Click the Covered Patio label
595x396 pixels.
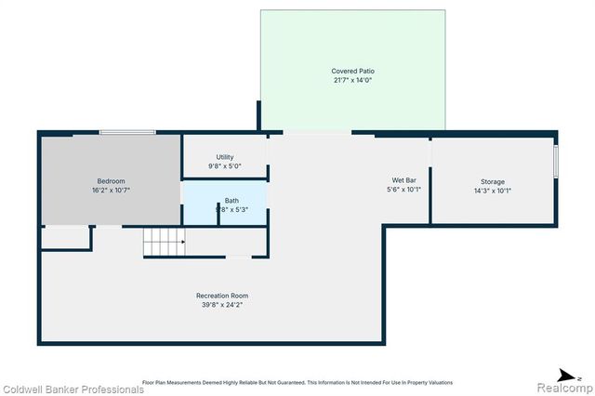point(352,72)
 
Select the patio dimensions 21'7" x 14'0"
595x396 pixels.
point(352,81)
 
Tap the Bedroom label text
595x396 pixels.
point(111,180)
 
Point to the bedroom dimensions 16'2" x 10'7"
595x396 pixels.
point(111,190)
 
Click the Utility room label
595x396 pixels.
point(224,157)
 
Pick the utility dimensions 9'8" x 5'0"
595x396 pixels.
point(224,166)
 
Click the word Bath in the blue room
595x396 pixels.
point(231,201)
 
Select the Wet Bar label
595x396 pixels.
point(403,180)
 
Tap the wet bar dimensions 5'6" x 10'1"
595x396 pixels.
point(403,190)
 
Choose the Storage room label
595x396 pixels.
point(492,181)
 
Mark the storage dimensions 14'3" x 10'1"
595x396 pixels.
point(492,191)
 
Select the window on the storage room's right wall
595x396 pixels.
point(555,161)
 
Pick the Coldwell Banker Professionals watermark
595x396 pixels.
point(73,389)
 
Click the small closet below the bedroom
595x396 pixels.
point(66,237)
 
